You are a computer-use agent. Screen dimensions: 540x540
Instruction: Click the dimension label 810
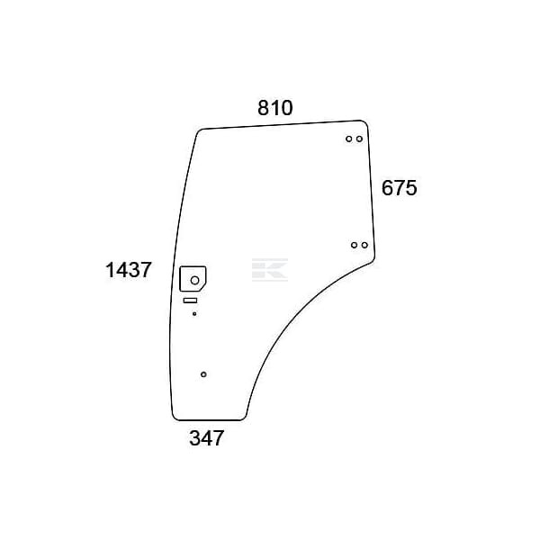tap(275, 108)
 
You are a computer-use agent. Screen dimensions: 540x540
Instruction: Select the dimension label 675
tap(399, 188)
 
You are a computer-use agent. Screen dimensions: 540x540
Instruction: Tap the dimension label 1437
tap(128, 270)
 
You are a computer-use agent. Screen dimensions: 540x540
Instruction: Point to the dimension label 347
tap(207, 438)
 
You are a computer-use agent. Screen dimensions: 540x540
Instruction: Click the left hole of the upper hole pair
tap(349, 139)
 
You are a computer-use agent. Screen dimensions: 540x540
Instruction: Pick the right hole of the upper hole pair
tap(359, 139)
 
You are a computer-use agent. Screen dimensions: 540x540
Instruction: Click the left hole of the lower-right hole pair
tap(354, 245)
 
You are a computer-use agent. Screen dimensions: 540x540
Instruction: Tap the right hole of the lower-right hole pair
tap(364, 245)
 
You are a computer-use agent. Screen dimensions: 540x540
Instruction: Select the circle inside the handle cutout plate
tap(195, 280)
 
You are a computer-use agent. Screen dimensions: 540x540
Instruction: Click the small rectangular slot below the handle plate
tap(190, 301)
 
